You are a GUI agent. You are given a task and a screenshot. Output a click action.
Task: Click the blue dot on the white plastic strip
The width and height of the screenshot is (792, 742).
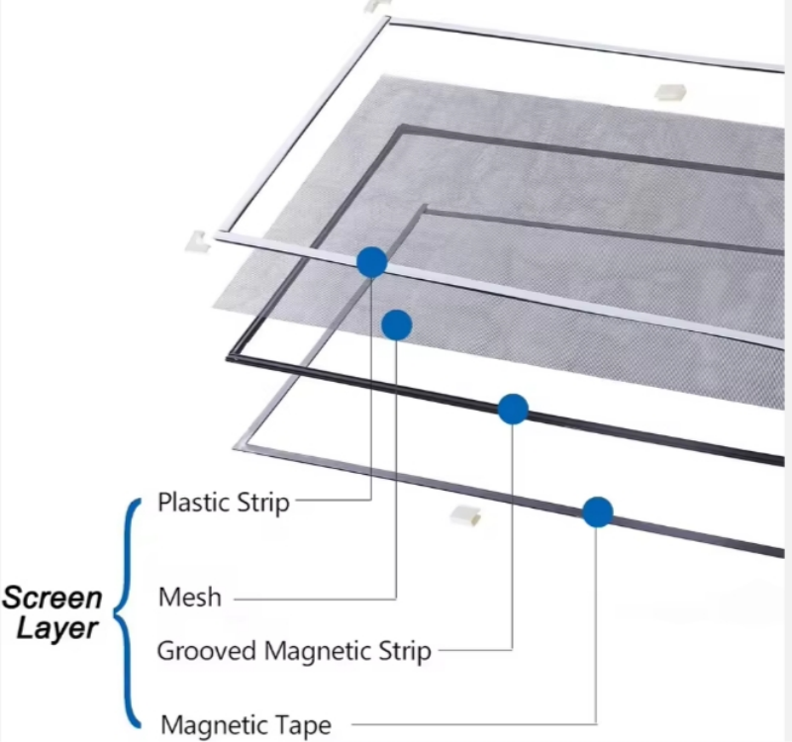point(371,262)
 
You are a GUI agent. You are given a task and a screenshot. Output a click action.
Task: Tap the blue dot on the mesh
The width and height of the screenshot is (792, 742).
point(397,325)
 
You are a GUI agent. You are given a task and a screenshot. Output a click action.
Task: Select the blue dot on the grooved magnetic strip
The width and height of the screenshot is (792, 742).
point(513,409)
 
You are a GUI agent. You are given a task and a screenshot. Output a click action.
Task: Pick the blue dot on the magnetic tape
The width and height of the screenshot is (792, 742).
point(597,511)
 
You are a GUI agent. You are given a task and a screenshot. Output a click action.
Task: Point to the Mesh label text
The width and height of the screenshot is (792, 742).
point(190,598)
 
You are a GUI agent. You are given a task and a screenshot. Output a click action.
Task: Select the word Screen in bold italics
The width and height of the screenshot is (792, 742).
point(51,598)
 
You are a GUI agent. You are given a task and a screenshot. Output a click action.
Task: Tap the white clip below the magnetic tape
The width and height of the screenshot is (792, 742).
point(464,514)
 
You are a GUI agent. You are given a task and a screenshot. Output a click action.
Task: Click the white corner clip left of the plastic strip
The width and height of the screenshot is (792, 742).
point(194,240)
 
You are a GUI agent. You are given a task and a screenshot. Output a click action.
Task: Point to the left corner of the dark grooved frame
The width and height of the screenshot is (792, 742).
point(231,357)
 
